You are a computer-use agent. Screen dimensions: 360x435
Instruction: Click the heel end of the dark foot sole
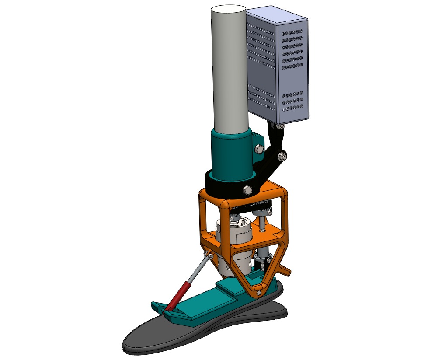coord(282,308)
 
